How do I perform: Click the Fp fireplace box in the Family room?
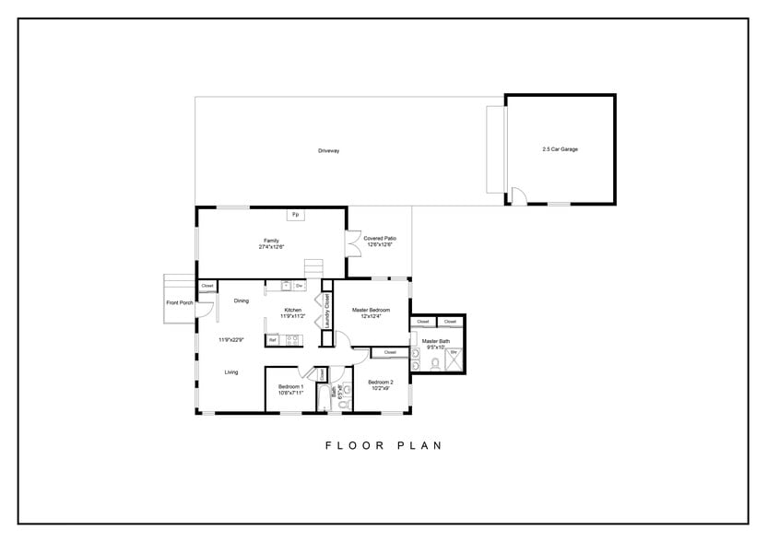click(295, 215)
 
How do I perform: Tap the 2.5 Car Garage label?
click(560, 149)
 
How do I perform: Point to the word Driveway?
click(329, 150)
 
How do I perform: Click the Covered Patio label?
click(379, 241)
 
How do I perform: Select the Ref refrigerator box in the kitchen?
click(272, 340)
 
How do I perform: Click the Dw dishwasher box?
click(300, 286)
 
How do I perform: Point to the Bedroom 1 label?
click(290, 389)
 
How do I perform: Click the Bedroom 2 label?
click(380, 385)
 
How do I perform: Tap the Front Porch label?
click(179, 302)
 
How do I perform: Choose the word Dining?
click(241, 300)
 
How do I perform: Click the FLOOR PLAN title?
click(383, 445)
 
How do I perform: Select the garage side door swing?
click(518, 195)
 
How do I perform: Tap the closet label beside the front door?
click(207, 286)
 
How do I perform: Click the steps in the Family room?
click(315, 267)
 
